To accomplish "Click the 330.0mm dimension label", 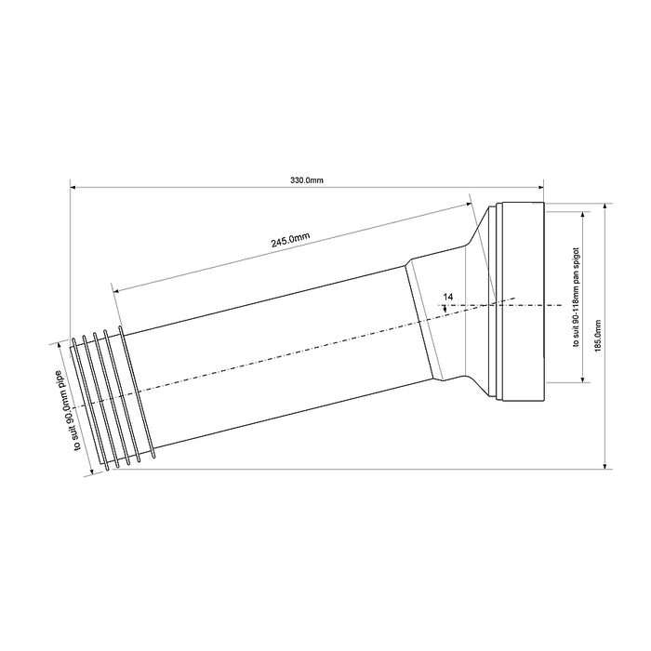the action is pos(306,180).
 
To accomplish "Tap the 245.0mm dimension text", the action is pos(290,240).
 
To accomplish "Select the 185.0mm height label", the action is pos(598,336).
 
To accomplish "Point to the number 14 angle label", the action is pos(448,297).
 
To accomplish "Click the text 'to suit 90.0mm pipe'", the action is pos(70,411).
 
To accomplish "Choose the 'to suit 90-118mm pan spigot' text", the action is pos(576,298).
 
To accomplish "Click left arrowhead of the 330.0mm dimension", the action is pos(73,188).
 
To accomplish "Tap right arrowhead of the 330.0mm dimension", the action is pos(539,188).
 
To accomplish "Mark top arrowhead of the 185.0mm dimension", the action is pos(605,206).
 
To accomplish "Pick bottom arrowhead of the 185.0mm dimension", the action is pos(605,465).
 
